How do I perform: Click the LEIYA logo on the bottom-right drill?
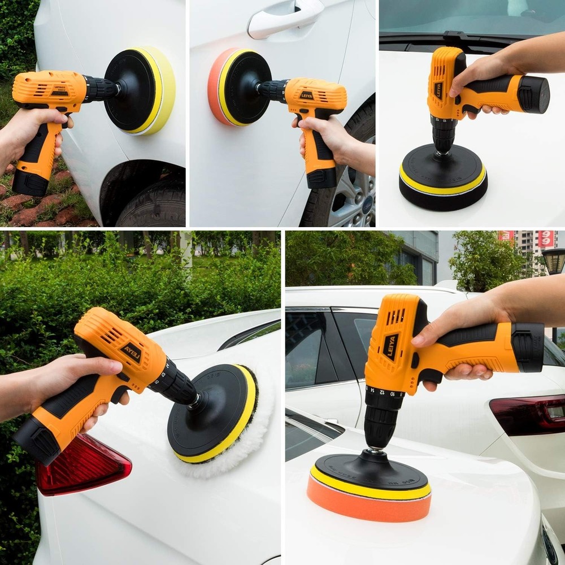(390, 347)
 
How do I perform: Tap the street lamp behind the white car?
(554, 262)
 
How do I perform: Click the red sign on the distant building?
(546, 239)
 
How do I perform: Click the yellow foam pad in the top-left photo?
(160, 90)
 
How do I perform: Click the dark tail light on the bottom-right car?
(528, 416)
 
